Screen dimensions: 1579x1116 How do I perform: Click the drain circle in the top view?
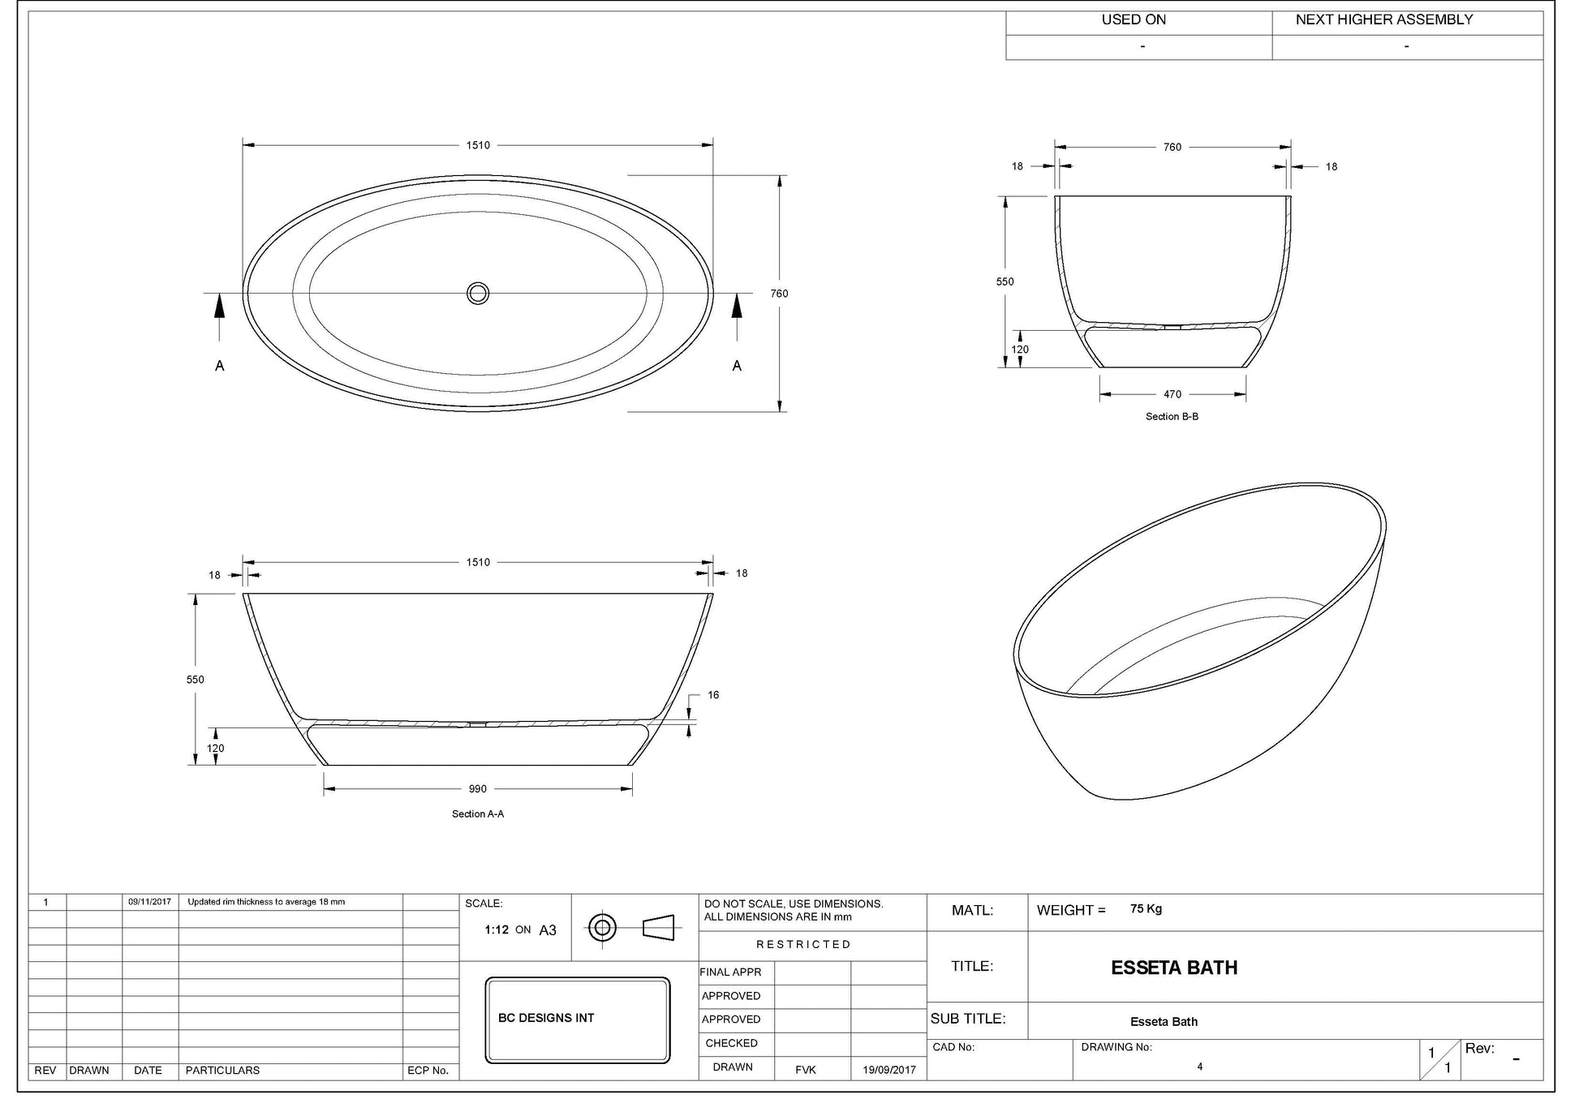pos(478,293)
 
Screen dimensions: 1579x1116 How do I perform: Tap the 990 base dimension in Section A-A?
pos(478,788)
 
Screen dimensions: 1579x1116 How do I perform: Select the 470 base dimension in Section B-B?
pos(1172,394)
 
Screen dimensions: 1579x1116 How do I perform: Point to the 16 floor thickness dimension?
pos(713,694)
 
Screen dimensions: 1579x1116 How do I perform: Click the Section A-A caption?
pos(478,813)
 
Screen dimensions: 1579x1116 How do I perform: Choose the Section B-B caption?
pos(1172,416)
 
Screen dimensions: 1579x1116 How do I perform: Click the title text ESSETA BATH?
pos(1174,968)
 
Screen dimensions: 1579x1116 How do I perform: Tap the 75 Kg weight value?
pos(1146,908)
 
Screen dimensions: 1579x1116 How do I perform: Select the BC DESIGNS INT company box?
pos(578,1019)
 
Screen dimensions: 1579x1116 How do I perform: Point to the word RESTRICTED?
pos(803,944)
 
